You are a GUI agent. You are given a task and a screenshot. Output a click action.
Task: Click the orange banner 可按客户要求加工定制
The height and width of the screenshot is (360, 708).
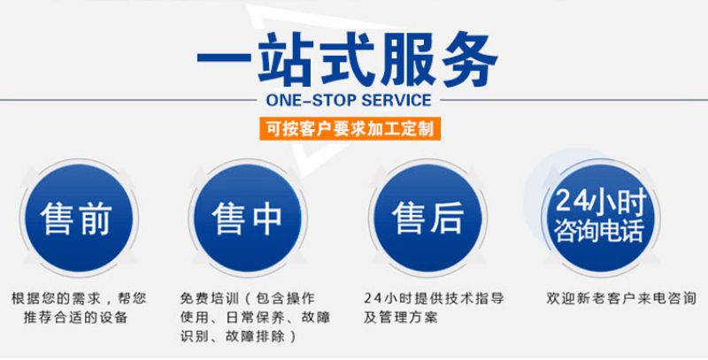tap(350, 128)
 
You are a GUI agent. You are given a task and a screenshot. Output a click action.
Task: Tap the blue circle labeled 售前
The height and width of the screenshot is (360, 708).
tap(79, 218)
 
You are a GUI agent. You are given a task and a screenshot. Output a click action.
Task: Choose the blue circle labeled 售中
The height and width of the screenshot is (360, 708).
tap(248, 218)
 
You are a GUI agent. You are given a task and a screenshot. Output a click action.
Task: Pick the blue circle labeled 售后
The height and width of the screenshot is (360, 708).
tap(428, 218)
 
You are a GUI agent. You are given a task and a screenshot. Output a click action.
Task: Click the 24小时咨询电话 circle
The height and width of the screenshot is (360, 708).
tap(601, 218)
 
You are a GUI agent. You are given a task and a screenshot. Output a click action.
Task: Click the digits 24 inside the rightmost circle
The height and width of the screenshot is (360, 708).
tap(571, 200)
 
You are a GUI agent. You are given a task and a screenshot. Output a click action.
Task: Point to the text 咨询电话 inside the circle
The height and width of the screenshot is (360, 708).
tap(600, 230)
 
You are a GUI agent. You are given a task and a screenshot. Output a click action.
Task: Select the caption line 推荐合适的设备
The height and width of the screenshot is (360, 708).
tap(75, 317)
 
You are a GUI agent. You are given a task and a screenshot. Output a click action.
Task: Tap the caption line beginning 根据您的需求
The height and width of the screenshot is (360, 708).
tap(79, 298)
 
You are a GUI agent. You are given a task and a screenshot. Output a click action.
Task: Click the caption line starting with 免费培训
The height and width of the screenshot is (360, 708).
tap(248, 298)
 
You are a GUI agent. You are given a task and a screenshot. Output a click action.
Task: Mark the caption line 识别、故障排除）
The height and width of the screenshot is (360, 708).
tap(239, 336)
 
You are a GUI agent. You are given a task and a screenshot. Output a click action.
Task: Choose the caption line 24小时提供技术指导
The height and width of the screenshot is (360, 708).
tap(434, 298)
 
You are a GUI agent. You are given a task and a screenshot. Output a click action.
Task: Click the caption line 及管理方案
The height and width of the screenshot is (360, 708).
tap(401, 317)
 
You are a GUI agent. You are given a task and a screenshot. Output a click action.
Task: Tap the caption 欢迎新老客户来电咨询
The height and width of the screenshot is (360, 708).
tap(621, 298)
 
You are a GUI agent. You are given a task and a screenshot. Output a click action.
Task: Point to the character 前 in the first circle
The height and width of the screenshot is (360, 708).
tap(96, 218)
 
